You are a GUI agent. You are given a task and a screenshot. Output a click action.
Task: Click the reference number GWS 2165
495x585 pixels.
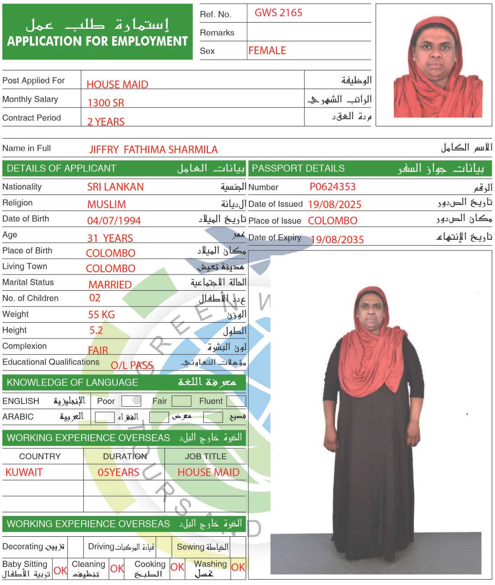[278, 13]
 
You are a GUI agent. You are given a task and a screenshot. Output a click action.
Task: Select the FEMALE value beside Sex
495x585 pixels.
[267, 51]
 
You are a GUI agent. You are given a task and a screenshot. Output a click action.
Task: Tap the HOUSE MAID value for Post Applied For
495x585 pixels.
[117, 84]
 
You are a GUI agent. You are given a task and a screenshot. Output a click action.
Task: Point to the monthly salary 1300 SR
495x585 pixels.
[105, 103]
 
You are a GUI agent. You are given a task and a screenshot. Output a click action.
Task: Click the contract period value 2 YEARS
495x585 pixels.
[106, 122]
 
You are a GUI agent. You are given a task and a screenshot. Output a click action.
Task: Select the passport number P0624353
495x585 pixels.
[332, 187]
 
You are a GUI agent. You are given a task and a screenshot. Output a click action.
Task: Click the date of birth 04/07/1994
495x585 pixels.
[114, 221]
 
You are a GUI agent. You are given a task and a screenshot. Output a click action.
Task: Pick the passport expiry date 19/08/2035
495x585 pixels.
[337, 240]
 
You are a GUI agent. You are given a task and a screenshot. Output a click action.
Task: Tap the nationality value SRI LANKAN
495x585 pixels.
[115, 187]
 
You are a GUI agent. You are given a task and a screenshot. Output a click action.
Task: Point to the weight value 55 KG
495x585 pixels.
[101, 315]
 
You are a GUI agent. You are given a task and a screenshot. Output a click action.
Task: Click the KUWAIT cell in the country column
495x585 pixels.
[24, 473]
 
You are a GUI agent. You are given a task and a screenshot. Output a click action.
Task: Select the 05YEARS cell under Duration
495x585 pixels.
[119, 473]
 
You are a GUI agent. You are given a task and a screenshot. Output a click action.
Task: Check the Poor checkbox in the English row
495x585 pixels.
[131, 401]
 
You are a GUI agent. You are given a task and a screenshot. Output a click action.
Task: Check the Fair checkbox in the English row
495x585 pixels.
[181, 401]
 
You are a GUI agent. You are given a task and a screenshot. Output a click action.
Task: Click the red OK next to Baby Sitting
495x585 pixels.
[60, 571]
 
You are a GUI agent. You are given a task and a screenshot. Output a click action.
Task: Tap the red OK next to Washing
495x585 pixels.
[238, 567]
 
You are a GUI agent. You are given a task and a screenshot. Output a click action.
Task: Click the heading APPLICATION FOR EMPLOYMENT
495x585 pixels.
[97, 42]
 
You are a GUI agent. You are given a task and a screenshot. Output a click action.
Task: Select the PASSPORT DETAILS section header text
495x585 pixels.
[298, 168]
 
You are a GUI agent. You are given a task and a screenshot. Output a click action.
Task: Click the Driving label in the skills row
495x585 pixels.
[101, 547]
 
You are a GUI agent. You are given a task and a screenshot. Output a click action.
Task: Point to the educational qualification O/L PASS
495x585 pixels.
[132, 365]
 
